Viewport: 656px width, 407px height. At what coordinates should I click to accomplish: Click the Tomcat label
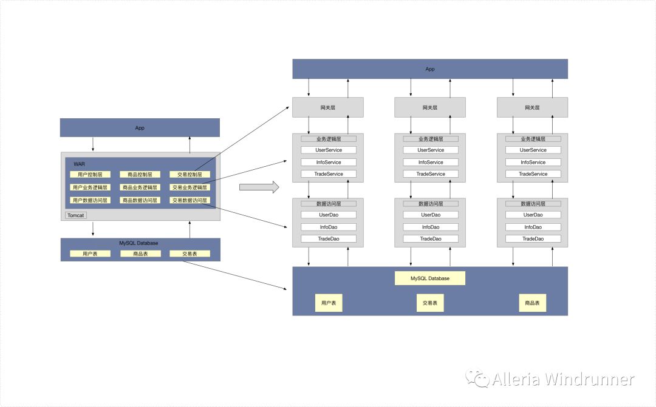pyautogui.click(x=76, y=215)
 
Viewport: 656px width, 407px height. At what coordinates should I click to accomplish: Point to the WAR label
pyautogui.click(x=80, y=164)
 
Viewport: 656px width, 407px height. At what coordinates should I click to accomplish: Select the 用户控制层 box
pyautogui.click(x=90, y=175)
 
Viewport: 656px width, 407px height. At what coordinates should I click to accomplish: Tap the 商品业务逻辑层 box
pyautogui.click(x=140, y=187)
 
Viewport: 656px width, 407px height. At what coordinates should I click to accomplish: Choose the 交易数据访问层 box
pyautogui.click(x=190, y=200)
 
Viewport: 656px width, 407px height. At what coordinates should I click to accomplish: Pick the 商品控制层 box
pyautogui.click(x=140, y=175)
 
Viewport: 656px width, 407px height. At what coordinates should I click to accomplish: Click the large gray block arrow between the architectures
pyautogui.click(x=259, y=186)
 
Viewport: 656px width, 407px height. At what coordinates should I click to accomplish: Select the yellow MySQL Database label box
pyautogui.click(x=430, y=278)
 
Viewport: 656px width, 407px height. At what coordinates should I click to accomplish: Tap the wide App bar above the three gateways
pyautogui.click(x=430, y=69)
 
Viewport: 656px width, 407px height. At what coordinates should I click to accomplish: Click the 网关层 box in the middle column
pyautogui.click(x=430, y=107)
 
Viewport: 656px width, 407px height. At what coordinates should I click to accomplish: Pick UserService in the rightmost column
pyautogui.click(x=533, y=150)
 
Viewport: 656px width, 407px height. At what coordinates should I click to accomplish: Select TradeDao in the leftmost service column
pyautogui.click(x=329, y=239)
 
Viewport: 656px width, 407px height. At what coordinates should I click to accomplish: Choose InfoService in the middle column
pyautogui.click(x=431, y=162)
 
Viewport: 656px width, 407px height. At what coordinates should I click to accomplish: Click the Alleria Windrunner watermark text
pyautogui.click(x=563, y=380)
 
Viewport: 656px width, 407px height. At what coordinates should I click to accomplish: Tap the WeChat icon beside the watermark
pyautogui.click(x=478, y=379)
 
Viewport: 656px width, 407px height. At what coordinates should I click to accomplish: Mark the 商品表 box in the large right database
pyautogui.click(x=533, y=303)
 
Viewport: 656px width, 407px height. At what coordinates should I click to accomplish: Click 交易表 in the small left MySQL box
pyautogui.click(x=190, y=254)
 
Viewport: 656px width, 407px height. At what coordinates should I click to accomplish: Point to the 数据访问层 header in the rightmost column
pyautogui.click(x=533, y=204)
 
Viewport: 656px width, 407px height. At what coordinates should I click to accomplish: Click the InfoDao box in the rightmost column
pyautogui.click(x=533, y=227)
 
